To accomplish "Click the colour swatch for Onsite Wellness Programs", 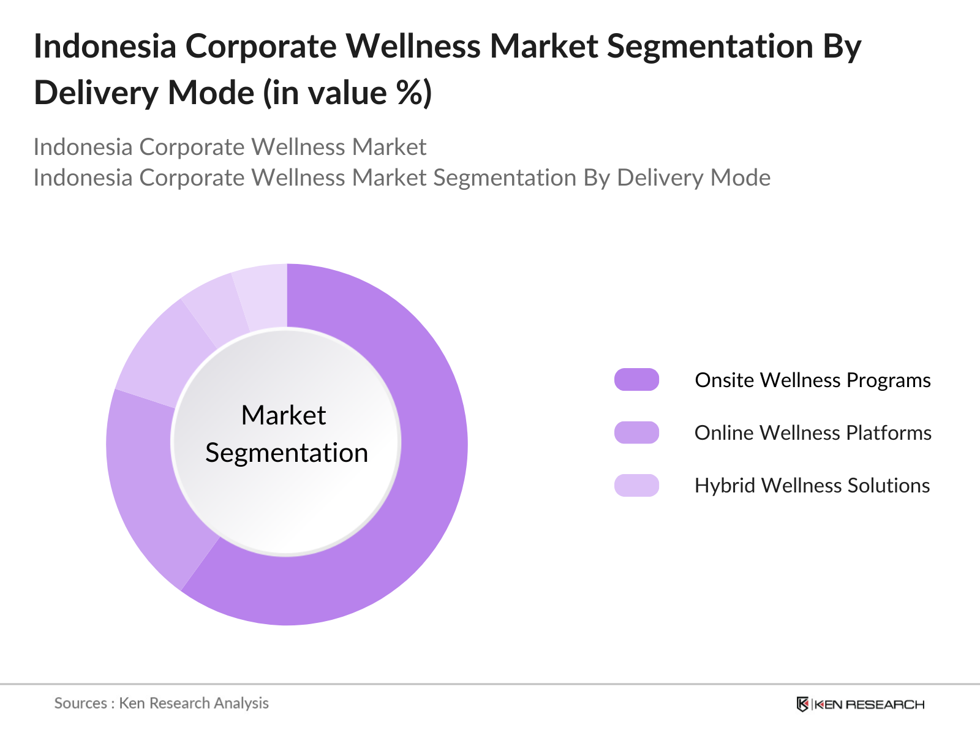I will (636, 380).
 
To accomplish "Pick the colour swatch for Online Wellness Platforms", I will (636, 432).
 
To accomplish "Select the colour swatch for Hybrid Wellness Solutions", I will (636, 485).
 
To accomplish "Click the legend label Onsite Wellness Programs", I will (812, 380).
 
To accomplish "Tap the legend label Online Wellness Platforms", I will (812, 432).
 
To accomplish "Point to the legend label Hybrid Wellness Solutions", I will (812, 485).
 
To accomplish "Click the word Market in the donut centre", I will (284, 415).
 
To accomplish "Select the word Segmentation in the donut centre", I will (287, 453).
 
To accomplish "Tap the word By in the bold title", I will (843, 47).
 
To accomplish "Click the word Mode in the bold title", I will (210, 93).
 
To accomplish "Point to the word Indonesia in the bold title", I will (105, 47).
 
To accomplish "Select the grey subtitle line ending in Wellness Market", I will (230, 147).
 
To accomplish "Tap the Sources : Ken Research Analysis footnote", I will (161, 703).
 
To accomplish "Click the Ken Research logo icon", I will (802, 704).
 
